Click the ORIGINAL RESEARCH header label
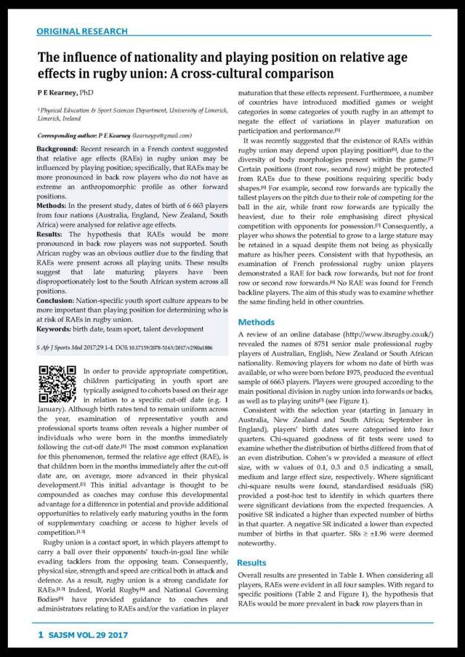coord(82,31)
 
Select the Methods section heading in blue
coord(258,321)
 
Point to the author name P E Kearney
coord(57,92)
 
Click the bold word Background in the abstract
coord(57,148)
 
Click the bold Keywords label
coord(56,328)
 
